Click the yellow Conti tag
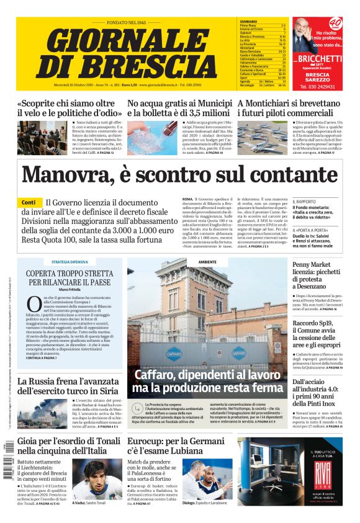coord(28,203)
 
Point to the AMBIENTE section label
coord(207,262)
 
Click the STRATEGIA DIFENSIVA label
coord(70,262)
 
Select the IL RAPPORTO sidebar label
coord(305,202)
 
